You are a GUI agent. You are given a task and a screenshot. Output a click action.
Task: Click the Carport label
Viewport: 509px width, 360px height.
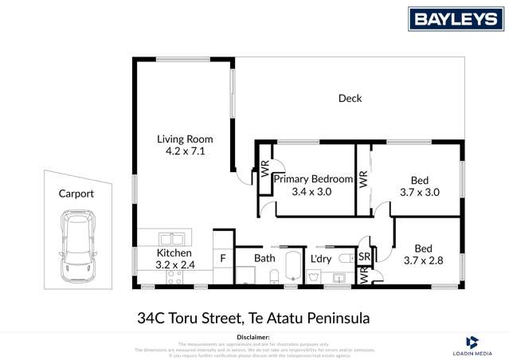76,194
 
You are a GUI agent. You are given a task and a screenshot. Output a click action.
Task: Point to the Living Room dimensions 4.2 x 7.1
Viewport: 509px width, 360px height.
185,151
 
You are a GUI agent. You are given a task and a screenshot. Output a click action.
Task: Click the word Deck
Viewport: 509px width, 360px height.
350,99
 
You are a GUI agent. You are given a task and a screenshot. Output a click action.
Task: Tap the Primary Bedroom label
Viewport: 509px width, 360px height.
312,179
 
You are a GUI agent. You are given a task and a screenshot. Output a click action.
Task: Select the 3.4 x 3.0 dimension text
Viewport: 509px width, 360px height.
312,191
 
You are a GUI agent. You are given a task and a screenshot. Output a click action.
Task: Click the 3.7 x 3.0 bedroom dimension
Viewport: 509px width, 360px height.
419,192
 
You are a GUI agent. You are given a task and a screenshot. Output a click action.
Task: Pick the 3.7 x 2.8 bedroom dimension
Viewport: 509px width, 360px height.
423,260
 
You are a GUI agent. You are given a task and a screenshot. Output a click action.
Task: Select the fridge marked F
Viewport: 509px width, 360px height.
223,259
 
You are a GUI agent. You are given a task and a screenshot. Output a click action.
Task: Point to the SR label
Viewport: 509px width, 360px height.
365,257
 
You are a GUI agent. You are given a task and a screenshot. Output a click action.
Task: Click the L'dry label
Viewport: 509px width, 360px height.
321,259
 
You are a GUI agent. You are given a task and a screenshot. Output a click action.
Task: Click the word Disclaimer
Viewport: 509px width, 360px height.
254,338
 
